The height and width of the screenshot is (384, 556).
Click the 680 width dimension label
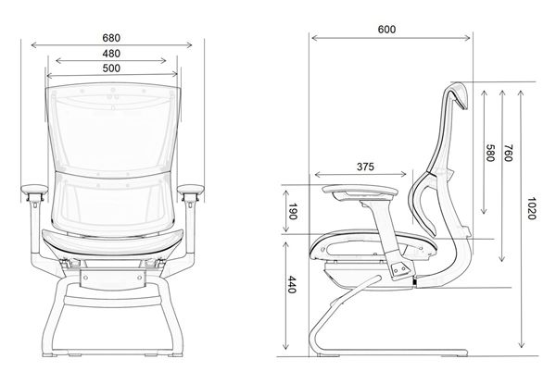(111, 37)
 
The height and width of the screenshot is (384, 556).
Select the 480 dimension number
(111, 53)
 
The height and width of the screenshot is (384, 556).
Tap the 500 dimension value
(111, 68)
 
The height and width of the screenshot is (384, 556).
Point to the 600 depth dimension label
(387, 29)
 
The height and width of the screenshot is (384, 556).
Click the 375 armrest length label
(364, 167)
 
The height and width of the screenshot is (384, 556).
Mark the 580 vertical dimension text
(488, 154)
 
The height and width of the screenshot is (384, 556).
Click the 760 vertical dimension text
(508, 154)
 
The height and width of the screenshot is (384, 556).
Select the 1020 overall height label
(527, 207)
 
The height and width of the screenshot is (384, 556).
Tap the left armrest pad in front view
(35, 192)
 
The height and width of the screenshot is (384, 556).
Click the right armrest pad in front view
(190, 192)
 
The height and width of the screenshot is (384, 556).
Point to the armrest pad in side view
(357, 192)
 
